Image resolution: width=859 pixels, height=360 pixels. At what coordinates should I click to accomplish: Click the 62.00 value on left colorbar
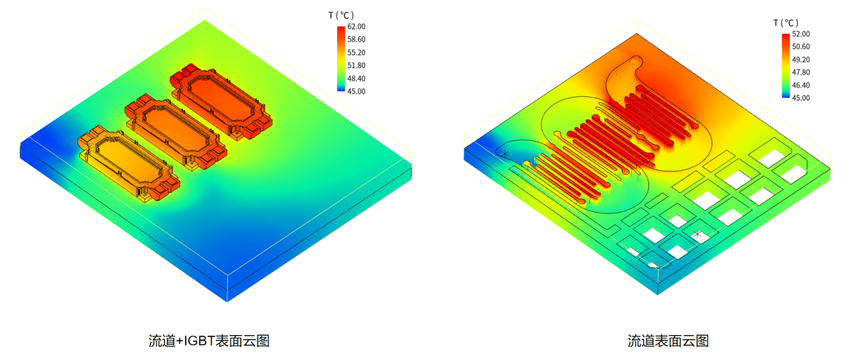(356, 26)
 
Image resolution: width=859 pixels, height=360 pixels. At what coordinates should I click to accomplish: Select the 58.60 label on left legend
(356, 40)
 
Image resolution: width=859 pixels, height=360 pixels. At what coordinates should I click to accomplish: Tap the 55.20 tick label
(356, 52)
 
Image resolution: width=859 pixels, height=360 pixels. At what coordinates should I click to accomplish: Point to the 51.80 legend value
(356, 66)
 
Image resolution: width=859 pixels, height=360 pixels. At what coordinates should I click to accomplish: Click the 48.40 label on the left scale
(356, 79)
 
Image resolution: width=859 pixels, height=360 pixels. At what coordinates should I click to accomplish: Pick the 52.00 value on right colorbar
(801, 34)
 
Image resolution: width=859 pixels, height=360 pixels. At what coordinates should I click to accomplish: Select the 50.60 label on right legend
(801, 47)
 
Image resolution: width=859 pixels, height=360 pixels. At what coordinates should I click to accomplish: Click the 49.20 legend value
(801, 60)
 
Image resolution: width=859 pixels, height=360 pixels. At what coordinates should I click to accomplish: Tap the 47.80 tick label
(801, 73)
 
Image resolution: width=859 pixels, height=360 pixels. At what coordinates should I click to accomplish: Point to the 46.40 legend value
(801, 86)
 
